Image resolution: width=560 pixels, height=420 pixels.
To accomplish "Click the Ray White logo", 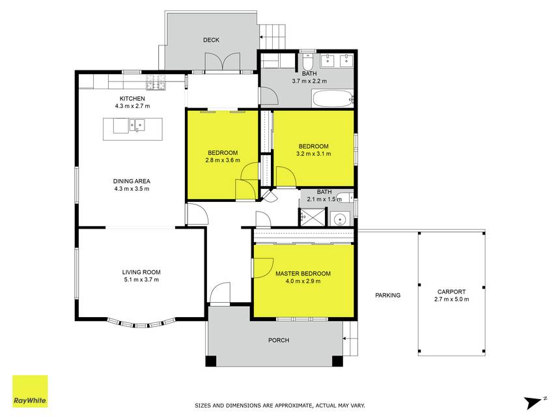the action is coord(30,391).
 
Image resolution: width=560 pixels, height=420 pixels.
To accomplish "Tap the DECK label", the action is coord(211,40).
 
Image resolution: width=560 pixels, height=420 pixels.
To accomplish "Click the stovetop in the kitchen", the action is coord(156,82).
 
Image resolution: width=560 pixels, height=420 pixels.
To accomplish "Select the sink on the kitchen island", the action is coord(137,125).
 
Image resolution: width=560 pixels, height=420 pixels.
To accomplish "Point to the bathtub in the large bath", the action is coord(333,98).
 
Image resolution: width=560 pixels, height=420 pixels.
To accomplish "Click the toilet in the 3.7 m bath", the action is coord(308,61).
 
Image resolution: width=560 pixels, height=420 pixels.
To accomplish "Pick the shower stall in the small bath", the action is coord(313,217).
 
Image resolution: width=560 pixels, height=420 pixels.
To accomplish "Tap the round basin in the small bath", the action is coord(340,219).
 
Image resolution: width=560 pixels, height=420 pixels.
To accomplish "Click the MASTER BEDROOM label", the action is coord(303,273).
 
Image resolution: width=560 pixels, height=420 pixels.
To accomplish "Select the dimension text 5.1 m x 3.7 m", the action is coord(141,279).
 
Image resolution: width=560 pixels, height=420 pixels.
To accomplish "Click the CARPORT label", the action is coord(451,292).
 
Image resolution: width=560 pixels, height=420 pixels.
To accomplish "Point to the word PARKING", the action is coord(387,296).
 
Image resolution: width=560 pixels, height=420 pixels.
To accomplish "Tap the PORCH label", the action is coord(279,341).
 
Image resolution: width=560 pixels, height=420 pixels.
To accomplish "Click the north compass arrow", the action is coord(533,402).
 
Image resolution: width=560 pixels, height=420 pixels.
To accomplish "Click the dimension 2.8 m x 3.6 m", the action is coord(223,160).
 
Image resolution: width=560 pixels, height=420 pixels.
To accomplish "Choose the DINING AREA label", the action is coord(132,182).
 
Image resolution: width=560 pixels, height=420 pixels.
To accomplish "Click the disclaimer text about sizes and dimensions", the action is coord(279,406).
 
